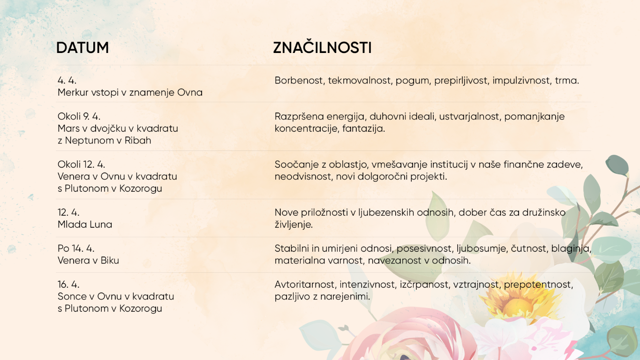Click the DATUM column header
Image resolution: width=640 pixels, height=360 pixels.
click(83, 47)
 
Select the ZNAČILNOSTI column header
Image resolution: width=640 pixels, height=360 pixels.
click(322, 47)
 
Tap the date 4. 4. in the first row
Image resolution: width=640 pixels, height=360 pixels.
click(67, 80)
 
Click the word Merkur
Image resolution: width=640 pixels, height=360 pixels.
click(73, 92)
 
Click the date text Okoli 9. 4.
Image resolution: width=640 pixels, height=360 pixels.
click(79, 116)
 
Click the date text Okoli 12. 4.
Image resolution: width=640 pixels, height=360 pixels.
click(82, 164)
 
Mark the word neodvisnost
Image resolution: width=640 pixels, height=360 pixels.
click(304, 176)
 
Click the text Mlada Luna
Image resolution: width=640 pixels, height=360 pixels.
click(85, 224)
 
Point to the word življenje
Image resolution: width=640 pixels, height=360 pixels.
click(294, 225)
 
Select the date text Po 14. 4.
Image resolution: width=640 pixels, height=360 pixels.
click(76, 248)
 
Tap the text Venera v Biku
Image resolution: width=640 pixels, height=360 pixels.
click(88, 260)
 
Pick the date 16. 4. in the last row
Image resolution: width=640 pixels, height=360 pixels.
click(68, 284)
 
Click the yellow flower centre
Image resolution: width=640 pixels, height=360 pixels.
click(516, 307)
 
